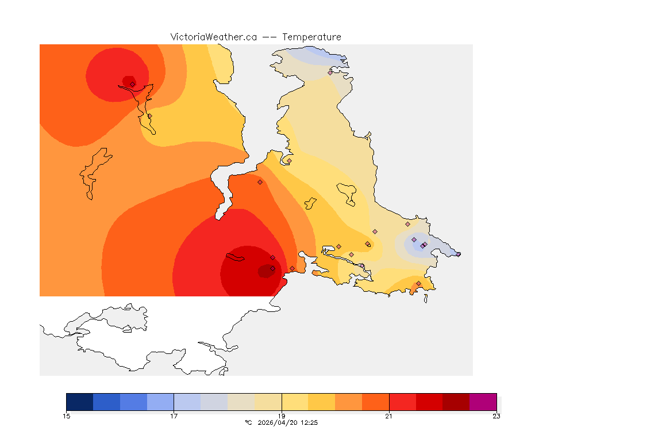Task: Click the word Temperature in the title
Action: point(311,37)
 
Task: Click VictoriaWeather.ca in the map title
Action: point(213,37)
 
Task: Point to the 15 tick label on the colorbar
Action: point(66,416)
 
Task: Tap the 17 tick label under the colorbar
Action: point(174,416)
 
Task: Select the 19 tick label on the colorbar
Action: point(282,416)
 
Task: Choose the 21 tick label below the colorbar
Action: point(389,416)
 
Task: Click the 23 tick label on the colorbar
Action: point(496,416)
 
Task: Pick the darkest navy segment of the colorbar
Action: point(79,402)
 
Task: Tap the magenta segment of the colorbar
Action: point(483,402)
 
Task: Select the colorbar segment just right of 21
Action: point(402,402)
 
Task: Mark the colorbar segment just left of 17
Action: point(160,402)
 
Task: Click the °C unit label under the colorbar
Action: point(248,422)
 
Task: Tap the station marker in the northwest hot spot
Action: point(132,84)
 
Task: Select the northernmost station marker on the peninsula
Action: point(330,73)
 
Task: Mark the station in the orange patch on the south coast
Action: point(418,283)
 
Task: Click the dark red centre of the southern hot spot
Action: point(265,270)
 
